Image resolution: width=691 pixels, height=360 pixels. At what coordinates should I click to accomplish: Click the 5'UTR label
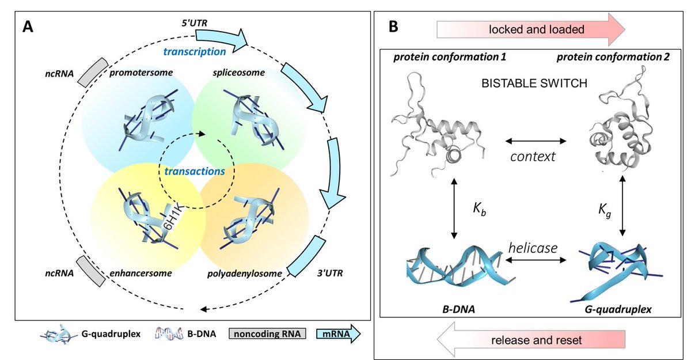coord(195,23)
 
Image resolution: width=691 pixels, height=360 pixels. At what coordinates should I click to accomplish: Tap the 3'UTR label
coord(330,274)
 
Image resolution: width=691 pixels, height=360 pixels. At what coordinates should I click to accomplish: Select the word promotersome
coord(141,73)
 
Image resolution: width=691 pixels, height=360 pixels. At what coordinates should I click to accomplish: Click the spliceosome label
coord(239,73)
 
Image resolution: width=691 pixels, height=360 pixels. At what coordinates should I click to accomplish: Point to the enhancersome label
coord(141,274)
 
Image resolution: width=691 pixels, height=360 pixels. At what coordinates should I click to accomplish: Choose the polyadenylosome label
coord(244,274)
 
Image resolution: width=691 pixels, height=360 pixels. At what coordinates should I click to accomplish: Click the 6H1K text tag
coord(173,217)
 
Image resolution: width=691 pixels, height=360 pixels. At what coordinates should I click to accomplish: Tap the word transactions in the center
coord(195,171)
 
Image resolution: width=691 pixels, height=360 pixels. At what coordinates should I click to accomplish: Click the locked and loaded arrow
coord(531,29)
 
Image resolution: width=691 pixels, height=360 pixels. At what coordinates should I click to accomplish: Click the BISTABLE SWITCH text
coord(534,84)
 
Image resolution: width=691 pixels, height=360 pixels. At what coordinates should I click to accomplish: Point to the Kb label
coord(479,210)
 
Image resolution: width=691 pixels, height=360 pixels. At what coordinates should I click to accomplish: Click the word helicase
coord(533,248)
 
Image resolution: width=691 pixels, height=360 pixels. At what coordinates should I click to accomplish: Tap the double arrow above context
coord(536,141)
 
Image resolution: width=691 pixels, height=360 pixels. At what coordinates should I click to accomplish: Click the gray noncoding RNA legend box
coord(267,334)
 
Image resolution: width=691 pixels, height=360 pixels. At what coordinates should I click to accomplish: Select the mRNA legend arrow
coord(339,334)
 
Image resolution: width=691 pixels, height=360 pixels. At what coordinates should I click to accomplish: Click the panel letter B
coord(393,26)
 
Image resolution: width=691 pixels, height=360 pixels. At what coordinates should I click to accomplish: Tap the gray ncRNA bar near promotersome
coord(93,73)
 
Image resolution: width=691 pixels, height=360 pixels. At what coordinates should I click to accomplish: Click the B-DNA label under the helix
coord(458,309)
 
